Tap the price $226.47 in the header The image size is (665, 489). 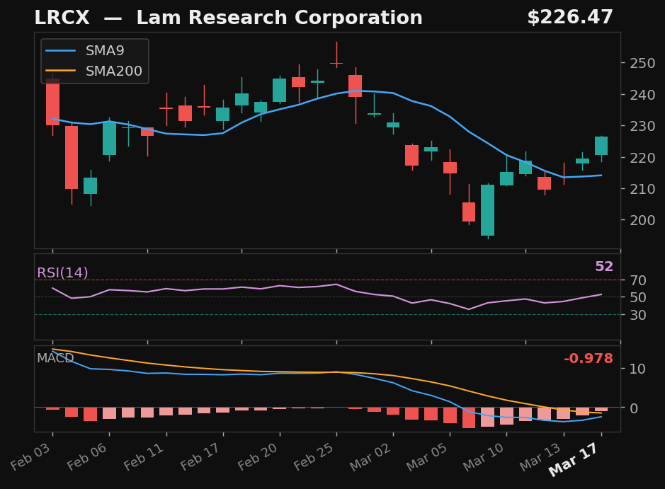click(x=569, y=18)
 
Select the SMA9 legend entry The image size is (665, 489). click(x=105, y=51)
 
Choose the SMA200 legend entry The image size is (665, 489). click(x=113, y=71)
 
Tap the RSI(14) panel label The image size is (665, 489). click(x=62, y=273)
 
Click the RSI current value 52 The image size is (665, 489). click(x=603, y=267)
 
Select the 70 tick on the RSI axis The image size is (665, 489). click(x=635, y=280)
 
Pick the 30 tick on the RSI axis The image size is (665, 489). click(x=635, y=315)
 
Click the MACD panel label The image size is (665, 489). click(x=55, y=358)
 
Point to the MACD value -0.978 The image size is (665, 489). click(x=588, y=359)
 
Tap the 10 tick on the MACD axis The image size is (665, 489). click(x=635, y=369)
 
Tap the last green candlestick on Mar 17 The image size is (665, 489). click(x=601, y=146)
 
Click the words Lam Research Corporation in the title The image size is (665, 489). click(x=279, y=18)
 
